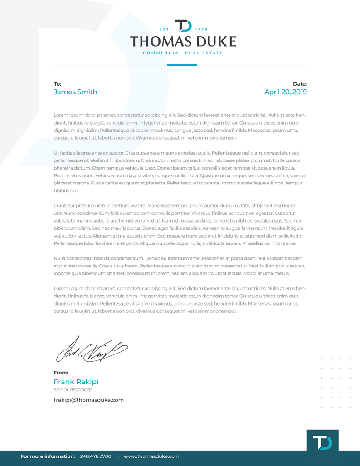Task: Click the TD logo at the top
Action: (x=183, y=26)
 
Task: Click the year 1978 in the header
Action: (x=201, y=29)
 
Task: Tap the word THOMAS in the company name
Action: (x=160, y=42)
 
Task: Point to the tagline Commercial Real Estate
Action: (x=183, y=53)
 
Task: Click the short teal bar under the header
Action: (x=182, y=65)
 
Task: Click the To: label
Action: (x=57, y=84)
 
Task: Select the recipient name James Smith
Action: (x=75, y=92)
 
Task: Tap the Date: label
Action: (x=300, y=84)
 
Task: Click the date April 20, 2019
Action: (x=285, y=92)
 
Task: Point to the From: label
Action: (x=61, y=373)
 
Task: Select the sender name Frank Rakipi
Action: (x=76, y=382)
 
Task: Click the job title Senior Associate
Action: (x=73, y=390)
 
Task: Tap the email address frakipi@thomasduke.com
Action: (x=88, y=400)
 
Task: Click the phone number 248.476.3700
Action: (x=95, y=456)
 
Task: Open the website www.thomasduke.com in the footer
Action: (x=151, y=456)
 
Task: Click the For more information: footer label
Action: (x=48, y=456)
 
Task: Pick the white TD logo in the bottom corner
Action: (x=322, y=442)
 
